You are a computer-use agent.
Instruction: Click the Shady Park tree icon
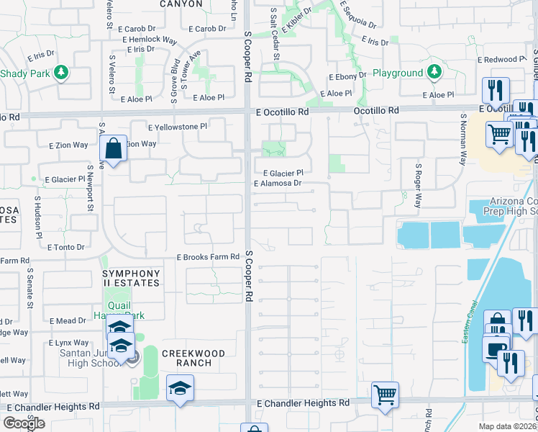[x=62, y=72]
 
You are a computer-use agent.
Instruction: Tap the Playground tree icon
[x=434, y=72]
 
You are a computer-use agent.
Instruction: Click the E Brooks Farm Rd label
[x=208, y=257]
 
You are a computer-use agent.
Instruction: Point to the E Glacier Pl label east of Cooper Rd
[x=283, y=174]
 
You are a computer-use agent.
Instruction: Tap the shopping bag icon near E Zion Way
[x=114, y=150]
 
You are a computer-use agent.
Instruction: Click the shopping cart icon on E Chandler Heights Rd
[x=386, y=395]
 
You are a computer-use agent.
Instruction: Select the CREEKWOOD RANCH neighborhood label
[x=193, y=358]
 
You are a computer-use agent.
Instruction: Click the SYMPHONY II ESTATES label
[x=131, y=279]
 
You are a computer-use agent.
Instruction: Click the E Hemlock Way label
[x=150, y=40]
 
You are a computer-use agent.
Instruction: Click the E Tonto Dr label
[x=65, y=247]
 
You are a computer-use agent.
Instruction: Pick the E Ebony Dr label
[x=347, y=77]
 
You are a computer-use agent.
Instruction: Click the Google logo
[x=24, y=423]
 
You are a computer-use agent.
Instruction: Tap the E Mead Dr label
[x=68, y=320]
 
